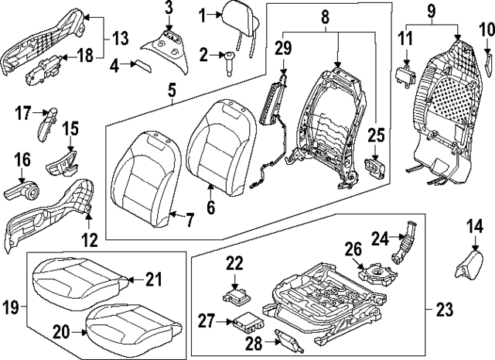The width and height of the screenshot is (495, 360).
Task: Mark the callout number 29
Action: tap(283, 47)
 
